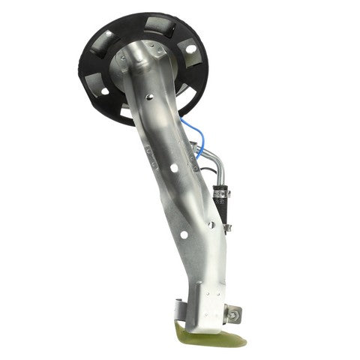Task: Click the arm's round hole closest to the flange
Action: tap(149, 96)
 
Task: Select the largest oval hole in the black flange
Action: tap(190, 50)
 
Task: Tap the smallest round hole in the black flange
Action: tap(103, 91)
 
